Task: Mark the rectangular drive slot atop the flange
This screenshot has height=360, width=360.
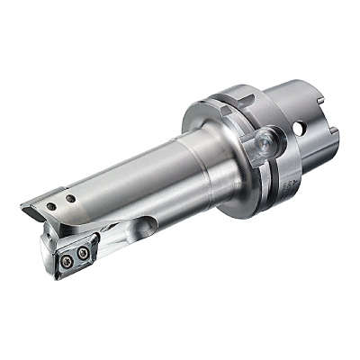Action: click(x=237, y=94)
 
